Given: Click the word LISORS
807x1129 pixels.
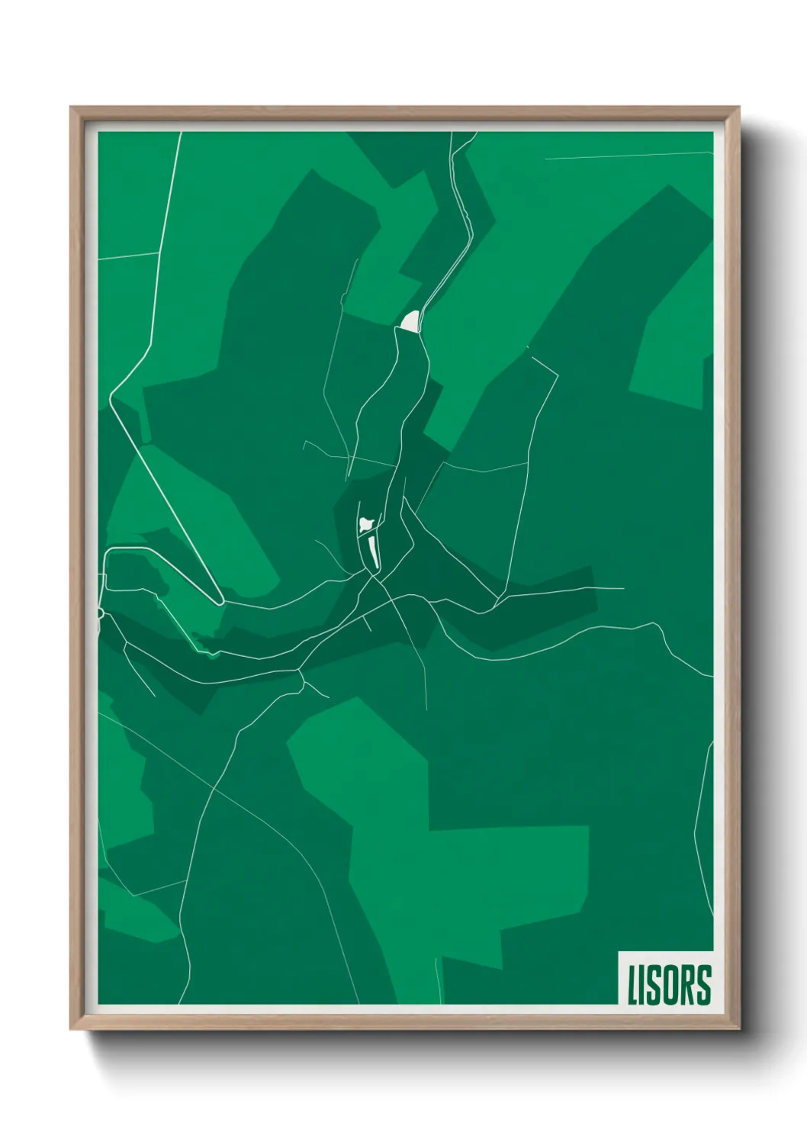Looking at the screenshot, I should tap(669, 985).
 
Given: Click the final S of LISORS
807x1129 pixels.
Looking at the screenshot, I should tap(704, 985).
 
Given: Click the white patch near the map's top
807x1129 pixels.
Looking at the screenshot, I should tap(410, 321).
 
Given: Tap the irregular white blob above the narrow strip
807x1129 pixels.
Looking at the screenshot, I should tap(366, 524).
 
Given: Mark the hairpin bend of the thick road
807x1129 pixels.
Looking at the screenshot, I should tap(220, 601).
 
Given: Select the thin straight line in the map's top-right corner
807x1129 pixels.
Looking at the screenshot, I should tap(625, 155).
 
